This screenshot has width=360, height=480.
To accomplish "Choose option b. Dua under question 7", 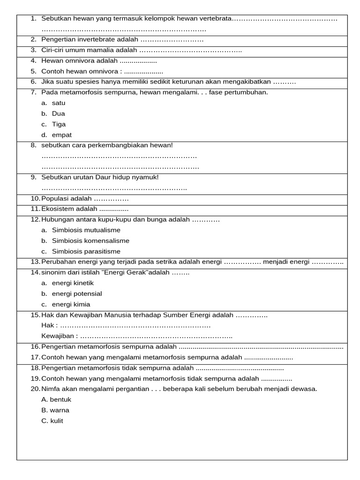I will [x=58, y=113].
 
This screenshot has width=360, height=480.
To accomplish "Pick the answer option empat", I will [x=61, y=135].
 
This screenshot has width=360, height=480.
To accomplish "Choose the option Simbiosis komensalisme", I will [x=90, y=241].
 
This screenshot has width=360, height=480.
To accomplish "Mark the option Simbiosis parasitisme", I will [x=86, y=251].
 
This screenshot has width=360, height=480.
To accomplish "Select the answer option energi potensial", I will [x=77, y=294].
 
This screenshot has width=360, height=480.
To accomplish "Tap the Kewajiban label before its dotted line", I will [x=59, y=336].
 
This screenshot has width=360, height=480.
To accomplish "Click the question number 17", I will [x=35, y=357].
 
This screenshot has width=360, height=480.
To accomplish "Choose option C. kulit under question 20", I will [x=52, y=421].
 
